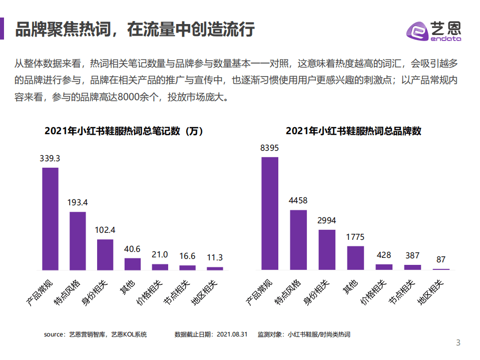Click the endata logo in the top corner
[433, 31]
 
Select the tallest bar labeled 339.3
[50, 219]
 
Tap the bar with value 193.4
[78, 241]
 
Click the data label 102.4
[105, 230]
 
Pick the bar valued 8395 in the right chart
[270, 213]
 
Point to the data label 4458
[298, 201]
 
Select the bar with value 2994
[327, 249]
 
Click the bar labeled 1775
[355, 257]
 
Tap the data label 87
[441, 260]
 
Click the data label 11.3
[215, 258]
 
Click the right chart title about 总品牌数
[353, 132]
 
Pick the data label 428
[384, 255]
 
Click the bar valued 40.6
[133, 264]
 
